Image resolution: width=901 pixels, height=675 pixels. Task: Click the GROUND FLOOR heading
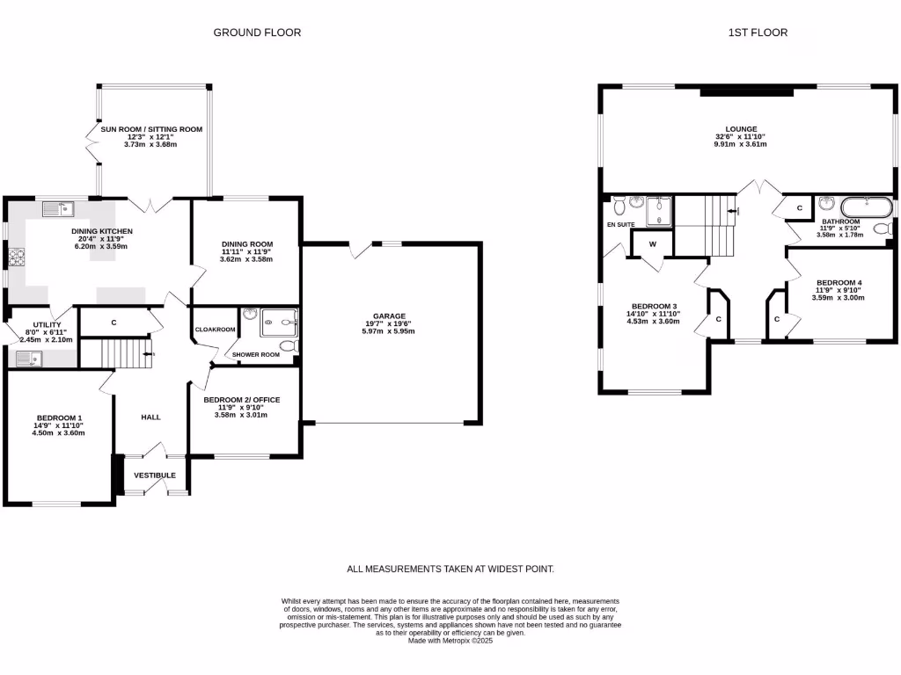[x=257, y=33]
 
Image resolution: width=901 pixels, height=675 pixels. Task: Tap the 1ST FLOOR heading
[x=757, y=33]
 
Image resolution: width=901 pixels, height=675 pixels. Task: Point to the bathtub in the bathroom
[x=867, y=208]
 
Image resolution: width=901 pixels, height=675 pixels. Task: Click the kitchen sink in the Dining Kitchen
[x=59, y=208]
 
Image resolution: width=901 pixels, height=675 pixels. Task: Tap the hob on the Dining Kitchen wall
[x=14, y=257]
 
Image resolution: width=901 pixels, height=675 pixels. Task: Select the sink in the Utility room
[x=28, y=358]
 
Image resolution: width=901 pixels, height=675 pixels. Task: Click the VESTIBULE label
[x=155, y=475]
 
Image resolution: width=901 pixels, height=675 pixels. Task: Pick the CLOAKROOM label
[x=215, y=330]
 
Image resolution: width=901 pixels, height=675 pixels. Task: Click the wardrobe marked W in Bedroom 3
[x=652, y=243]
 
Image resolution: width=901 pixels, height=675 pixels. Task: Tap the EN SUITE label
[x=620, y=224]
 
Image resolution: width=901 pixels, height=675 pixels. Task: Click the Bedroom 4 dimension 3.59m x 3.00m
[x=840, y=297]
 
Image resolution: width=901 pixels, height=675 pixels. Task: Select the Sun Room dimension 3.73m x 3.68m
[x=150, y=144]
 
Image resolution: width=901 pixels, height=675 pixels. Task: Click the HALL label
[x=150, y=417]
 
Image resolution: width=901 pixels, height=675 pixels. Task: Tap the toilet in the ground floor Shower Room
[x=287, y=345]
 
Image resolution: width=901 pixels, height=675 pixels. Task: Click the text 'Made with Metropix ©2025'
[x=450, y=641]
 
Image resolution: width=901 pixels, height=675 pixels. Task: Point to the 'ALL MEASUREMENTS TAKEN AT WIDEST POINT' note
[x=450, y=570]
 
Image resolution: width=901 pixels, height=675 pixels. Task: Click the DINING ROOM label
[x=246, y=244]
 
